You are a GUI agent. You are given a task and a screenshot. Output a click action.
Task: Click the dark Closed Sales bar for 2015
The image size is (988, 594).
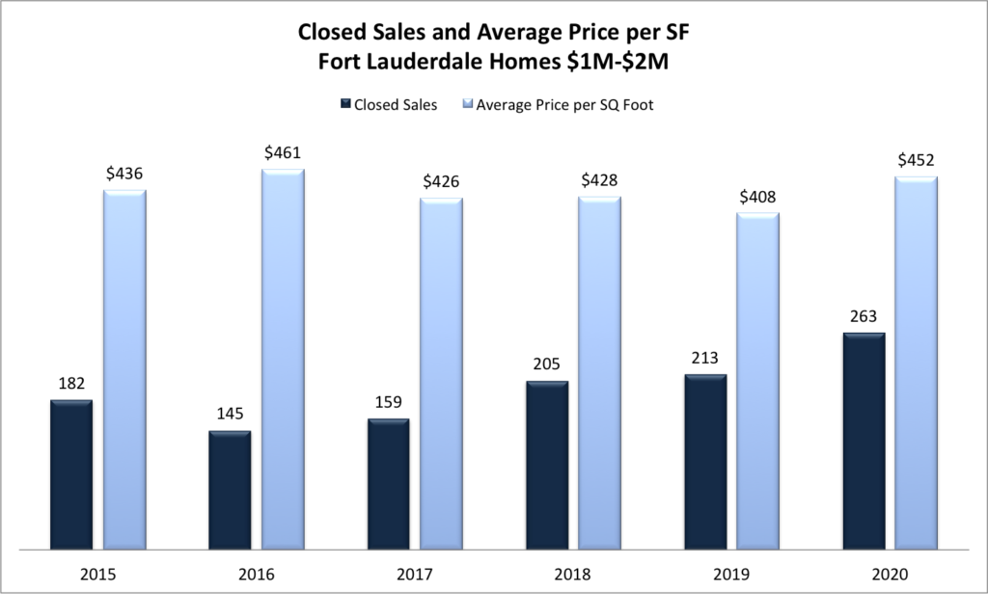[71, 474]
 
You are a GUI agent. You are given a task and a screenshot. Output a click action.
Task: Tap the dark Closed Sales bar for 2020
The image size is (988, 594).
[864, 442]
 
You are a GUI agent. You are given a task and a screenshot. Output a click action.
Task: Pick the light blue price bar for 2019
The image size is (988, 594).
[757, 381]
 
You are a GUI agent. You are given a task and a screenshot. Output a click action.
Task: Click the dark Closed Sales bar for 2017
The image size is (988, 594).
[388, 484]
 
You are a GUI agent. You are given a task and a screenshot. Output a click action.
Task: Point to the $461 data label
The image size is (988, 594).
[283, 151]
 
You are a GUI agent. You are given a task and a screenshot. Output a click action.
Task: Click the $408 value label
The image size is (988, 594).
[757, 196]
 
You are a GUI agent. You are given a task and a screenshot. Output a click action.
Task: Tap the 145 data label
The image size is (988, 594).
[230, 413]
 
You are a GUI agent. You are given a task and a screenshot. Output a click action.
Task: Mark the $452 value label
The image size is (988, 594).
[916, 159]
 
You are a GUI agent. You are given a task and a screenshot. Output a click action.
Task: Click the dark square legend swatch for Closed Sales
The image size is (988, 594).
[345, 104]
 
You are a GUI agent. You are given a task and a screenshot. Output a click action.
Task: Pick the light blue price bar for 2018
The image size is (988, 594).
[599, 373]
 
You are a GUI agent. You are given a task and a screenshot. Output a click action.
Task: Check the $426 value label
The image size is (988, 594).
[441, 180]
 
